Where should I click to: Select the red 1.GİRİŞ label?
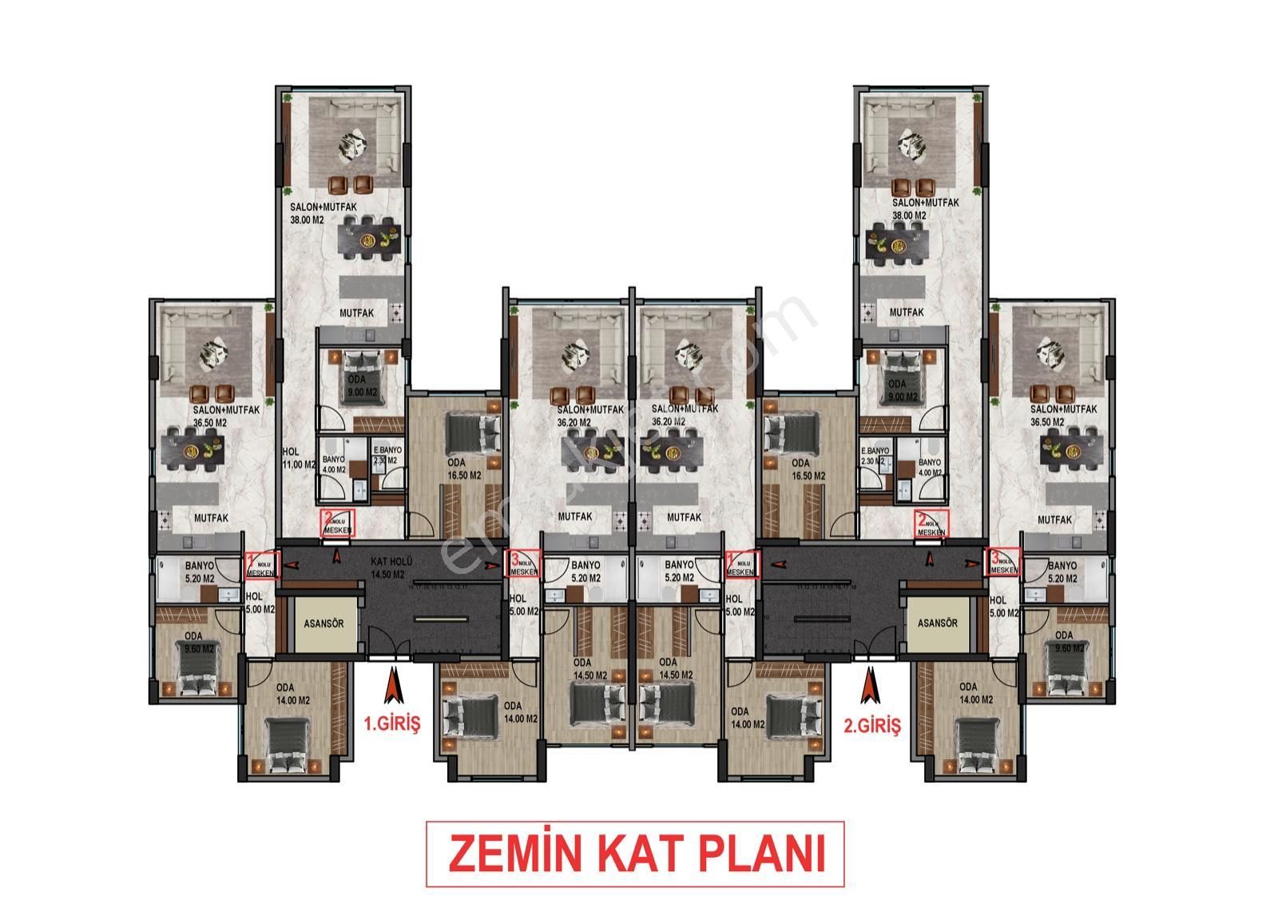(x=391, y=725)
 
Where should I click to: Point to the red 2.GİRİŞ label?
(x=871, y=726)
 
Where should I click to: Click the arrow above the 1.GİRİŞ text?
(x=392, y=685)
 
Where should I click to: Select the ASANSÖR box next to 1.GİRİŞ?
(x=323, y=623)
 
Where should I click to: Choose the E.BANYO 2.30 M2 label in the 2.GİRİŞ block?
(x=875, y=456)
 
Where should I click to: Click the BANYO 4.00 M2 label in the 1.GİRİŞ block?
(x=333, y=464)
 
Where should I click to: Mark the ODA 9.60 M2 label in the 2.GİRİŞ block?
(x=1063, y=642)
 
